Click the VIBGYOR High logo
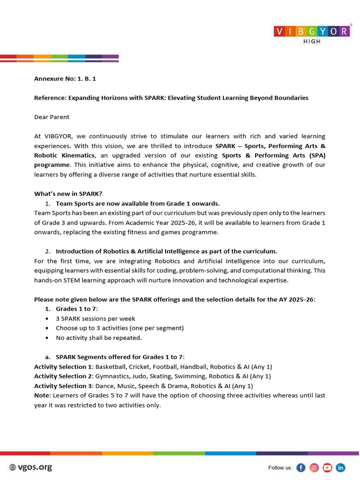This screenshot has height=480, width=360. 311,33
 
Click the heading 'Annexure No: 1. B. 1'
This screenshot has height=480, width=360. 65,79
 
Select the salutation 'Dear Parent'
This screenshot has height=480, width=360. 52,117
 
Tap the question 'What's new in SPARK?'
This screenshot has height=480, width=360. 68,194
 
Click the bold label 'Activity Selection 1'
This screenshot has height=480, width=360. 63,367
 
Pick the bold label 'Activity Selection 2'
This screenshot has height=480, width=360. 63,376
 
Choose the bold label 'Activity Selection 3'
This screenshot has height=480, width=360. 63,386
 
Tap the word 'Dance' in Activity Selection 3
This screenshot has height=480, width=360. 104,386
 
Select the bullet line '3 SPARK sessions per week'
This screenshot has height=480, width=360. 95,318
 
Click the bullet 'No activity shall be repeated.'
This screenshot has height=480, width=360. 98,337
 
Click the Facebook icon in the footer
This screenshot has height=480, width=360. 301,467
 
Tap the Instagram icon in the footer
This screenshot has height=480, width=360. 314,467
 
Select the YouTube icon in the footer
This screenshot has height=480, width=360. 327,467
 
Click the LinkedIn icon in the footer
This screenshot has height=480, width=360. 341,467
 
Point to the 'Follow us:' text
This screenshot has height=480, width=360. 280,468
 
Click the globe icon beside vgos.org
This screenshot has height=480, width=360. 13,467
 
